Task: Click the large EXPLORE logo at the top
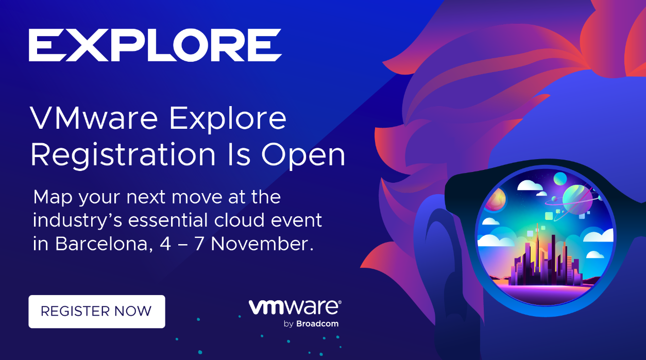[155, 45]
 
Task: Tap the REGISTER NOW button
[97, 311]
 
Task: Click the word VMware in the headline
[94, 118]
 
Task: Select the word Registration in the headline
[123, 155]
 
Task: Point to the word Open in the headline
[303, 156]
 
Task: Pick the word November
[262, 244]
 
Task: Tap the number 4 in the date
[165, 244]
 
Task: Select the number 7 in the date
[199, 244]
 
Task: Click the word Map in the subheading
[53, 198]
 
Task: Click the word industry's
[77, 220]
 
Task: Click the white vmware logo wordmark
[295, 307]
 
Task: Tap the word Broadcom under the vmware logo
[317, 323]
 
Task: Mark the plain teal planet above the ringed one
[560, 179]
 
